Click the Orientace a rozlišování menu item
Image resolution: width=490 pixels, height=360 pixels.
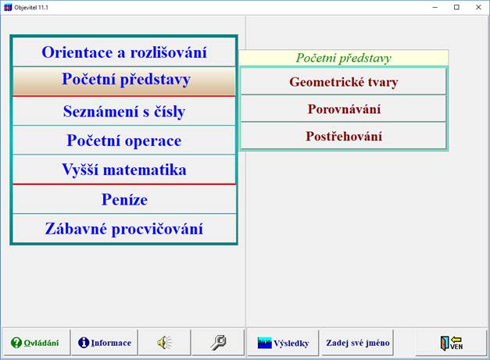coord(123,53)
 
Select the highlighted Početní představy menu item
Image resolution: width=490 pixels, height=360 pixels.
coord(125,80)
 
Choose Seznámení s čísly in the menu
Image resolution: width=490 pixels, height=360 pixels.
coord(123,112)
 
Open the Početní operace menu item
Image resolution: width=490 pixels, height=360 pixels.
coord(123,141)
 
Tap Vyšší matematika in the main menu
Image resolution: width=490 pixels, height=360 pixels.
coord(123,169)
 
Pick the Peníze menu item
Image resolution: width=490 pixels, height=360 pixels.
coord(123,199)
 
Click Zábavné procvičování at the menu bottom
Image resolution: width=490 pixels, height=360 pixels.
coord(123,229)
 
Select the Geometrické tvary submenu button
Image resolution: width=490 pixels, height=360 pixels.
coord(343,82)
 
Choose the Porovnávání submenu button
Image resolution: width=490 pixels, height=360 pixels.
coord(343,109)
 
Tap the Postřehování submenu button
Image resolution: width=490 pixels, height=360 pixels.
coord(343,137)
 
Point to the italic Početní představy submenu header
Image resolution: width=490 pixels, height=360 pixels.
coord(343,59)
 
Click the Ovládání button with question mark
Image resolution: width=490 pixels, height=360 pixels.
coord(34,342)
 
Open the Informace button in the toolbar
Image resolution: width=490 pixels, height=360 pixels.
coord(105,342)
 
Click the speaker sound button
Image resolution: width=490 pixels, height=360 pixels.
coord(163,342)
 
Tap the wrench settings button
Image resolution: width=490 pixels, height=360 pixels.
coord(218,342)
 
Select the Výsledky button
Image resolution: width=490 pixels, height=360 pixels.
coord(283,342)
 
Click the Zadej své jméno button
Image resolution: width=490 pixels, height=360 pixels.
coord(358,342)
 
